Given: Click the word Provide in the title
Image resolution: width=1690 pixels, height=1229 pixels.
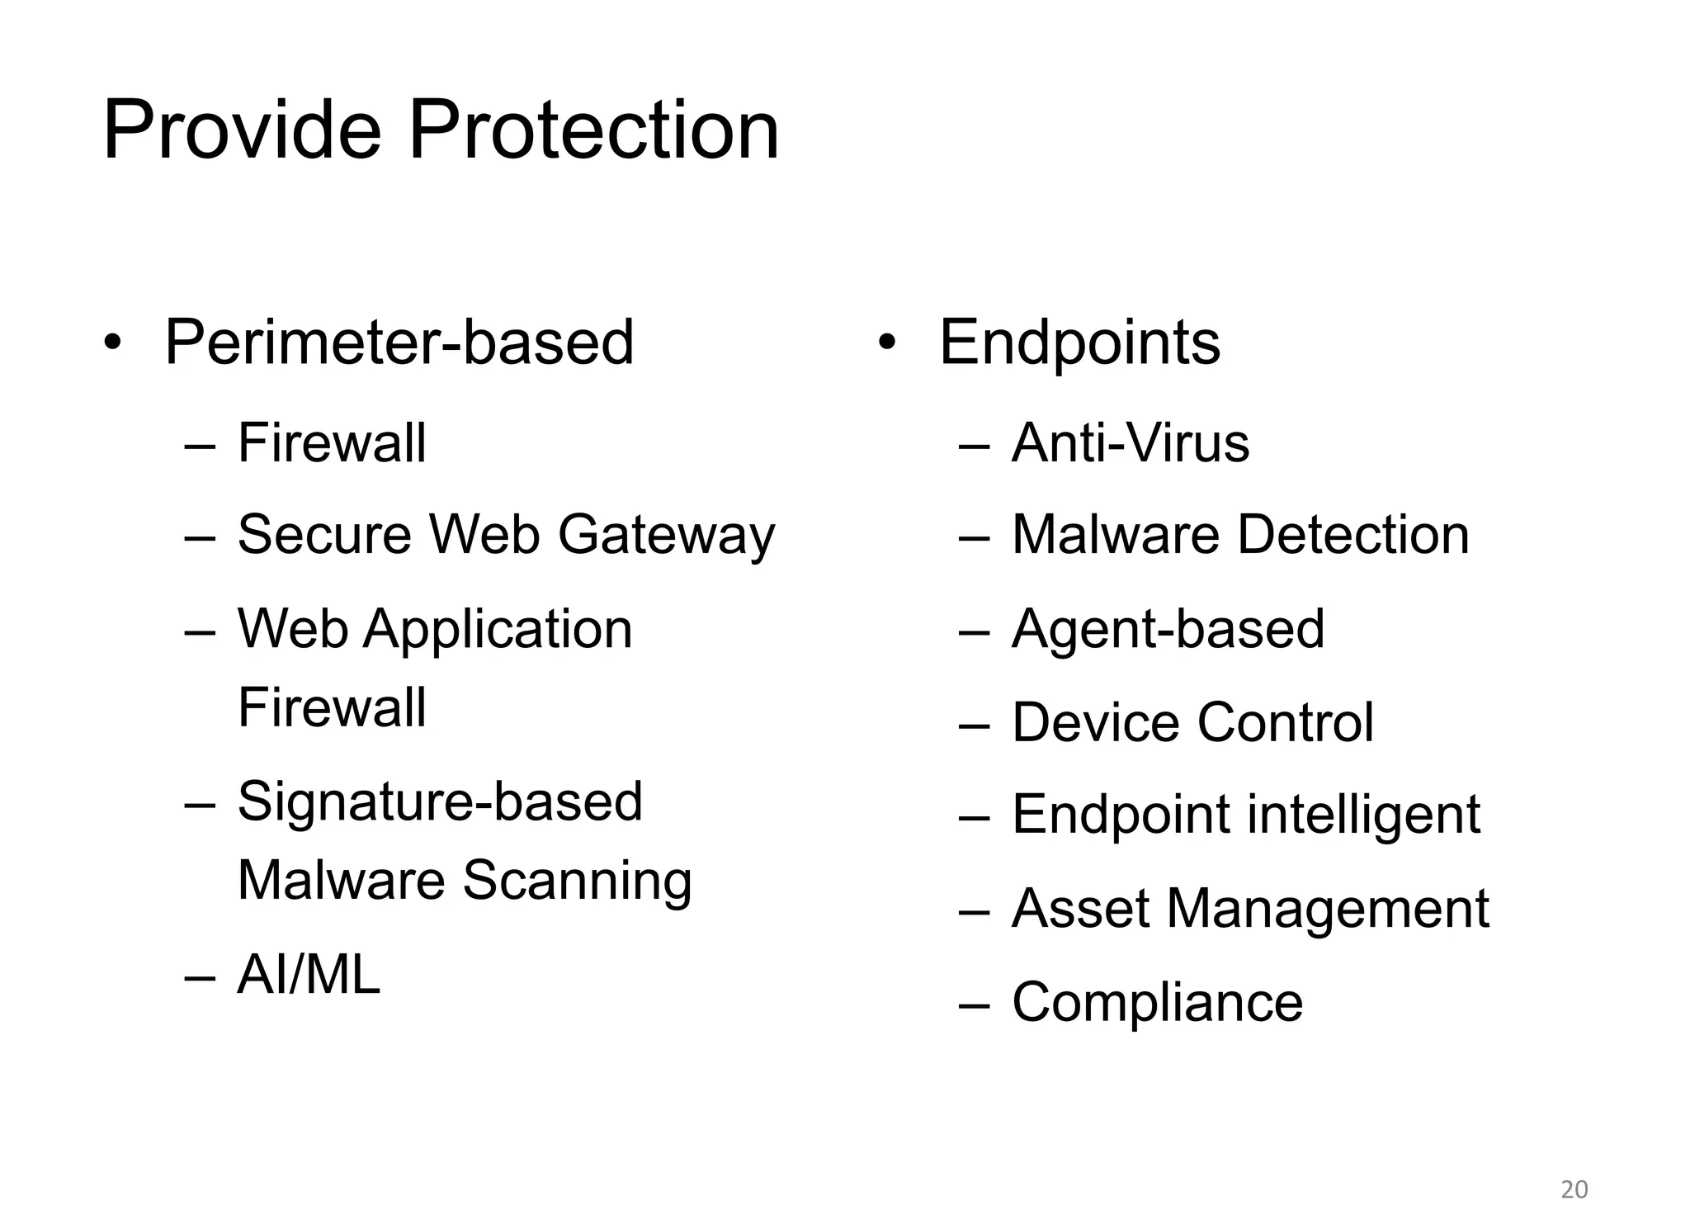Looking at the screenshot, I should click(242, 131).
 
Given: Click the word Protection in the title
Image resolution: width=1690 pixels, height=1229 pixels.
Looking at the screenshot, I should click(593, 131).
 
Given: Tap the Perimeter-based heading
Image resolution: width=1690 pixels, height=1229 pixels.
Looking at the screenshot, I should click(399, 343).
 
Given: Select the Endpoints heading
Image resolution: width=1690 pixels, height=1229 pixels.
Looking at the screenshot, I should click(1079, 343).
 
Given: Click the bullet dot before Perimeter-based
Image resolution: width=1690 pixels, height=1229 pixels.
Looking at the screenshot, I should click(113, 343).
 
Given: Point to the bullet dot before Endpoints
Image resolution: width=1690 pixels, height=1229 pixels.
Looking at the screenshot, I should click(887, 343).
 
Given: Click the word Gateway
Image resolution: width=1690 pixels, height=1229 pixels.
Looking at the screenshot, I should click(667, 535).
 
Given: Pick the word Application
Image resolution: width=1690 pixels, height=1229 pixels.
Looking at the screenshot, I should click(498, 629).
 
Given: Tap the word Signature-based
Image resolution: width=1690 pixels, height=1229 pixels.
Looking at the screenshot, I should click(440, 801).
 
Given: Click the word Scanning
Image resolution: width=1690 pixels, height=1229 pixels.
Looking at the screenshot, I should click(577, 880).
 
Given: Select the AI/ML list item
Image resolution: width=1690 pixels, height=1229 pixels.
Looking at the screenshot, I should click(309, 975).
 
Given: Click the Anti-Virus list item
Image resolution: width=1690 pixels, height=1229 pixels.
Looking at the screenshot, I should click(1131, 443).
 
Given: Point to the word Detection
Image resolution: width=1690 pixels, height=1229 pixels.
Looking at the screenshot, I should click(1353, 535).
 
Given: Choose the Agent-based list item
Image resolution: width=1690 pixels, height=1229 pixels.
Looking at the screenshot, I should click(1168, 629).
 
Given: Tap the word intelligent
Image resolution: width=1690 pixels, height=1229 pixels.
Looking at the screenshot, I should click(1363, 815).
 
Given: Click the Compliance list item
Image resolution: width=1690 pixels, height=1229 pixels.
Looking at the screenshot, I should click(1157, 1002).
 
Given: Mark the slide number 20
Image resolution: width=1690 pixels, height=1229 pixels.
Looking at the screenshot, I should click(1574, 1189).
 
